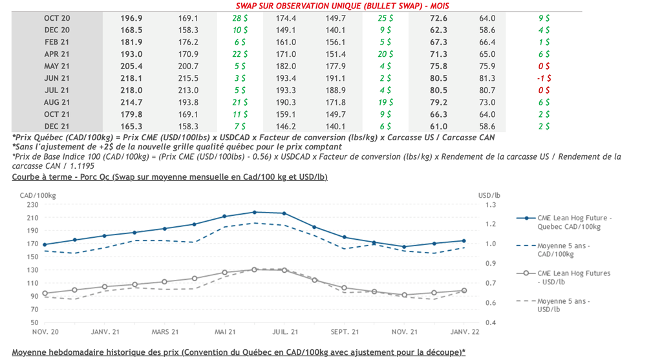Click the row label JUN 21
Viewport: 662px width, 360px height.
pos(57,78)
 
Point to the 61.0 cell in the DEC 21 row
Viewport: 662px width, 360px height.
pos(438,127)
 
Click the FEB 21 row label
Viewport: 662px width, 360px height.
pos(57,42)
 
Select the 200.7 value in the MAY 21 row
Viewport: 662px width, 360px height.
pos(188,66)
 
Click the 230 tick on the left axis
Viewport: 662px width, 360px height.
pos(32,205)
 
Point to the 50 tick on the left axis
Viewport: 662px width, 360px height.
pos(34,322)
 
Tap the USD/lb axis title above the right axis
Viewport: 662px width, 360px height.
pos(489,195)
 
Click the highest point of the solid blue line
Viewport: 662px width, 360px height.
pos(255,212)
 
